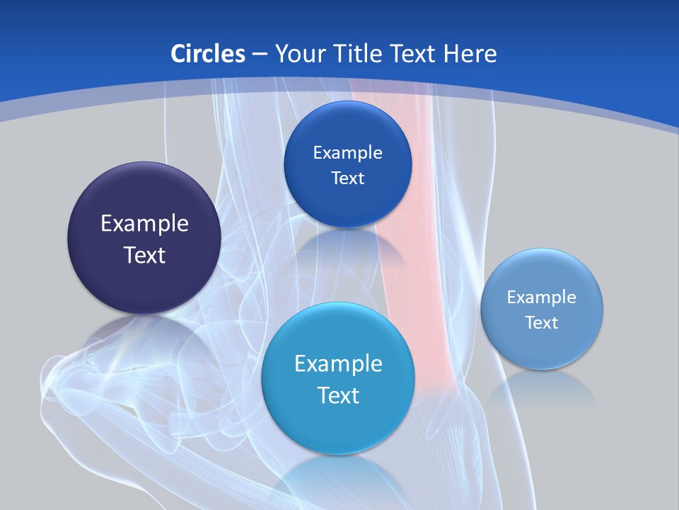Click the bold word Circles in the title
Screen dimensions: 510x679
click(208, 54)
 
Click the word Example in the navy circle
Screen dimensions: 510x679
click(144, 224)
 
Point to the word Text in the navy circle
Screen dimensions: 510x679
click(144, 255)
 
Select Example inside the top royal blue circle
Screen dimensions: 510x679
click(347, 153)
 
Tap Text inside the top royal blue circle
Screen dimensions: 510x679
click(347, 178)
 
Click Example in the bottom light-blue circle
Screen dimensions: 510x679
click(338, 364)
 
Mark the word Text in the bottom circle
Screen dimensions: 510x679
click(338, 395)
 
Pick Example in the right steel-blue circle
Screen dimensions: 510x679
click(542, 297)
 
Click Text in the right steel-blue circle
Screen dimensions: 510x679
click(542, 323)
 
